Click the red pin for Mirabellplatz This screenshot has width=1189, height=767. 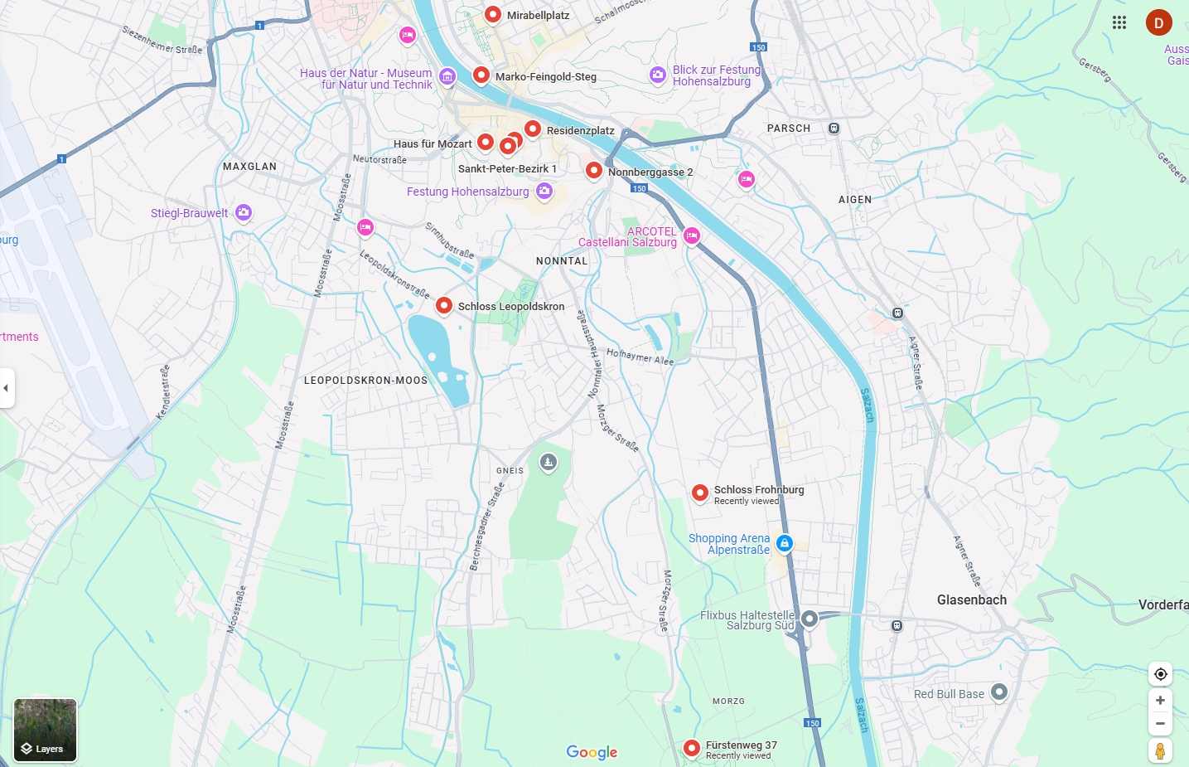click(493, 14)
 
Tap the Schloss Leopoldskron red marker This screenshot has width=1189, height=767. click(444, 305)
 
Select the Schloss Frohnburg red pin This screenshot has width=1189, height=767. click(700, 493)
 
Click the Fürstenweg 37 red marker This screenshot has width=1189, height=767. click(692, 748)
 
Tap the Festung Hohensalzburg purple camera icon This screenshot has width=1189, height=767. click(544, 192)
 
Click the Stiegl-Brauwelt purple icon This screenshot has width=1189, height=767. click(243, 213)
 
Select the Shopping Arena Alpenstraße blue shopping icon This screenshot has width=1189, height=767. click(785, 543)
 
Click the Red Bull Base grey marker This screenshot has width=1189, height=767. click(999, 692)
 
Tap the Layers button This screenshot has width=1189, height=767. click(45, 730)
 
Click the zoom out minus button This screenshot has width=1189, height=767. click(1160, 724)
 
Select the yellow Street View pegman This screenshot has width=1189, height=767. click(1160, 751)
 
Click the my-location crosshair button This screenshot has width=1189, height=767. click(1160, 674)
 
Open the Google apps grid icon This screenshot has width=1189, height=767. click(1119, 22)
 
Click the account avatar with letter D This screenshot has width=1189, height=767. click(1158, 22)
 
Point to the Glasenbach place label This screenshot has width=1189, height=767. click(971, 600)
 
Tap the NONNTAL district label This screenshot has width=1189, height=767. click(562, 260)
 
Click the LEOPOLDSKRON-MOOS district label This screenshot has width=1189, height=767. click(365, 381)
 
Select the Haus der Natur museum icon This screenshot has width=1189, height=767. click(447, 77)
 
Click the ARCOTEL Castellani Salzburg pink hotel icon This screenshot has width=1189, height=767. click(692, 236)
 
